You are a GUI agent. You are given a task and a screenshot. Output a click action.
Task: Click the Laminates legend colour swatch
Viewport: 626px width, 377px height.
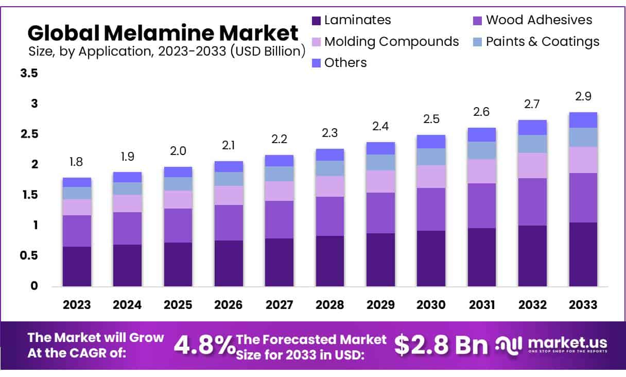point(317,21)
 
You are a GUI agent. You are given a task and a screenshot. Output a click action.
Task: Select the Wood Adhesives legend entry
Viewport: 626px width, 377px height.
point(538,20)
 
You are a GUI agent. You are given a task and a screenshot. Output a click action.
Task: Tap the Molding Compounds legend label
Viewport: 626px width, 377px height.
point(391,41)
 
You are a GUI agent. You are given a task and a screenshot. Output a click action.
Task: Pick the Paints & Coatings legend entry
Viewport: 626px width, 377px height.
point(542,41)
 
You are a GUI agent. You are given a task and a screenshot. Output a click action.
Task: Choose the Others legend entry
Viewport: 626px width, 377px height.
point(345,63)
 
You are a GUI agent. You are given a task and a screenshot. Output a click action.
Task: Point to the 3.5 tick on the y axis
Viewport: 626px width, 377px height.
point(29,74)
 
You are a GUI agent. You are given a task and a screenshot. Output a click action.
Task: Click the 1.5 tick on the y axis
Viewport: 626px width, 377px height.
point(29,195)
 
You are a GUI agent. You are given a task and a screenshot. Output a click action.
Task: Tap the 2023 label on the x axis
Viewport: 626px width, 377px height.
point(77,305)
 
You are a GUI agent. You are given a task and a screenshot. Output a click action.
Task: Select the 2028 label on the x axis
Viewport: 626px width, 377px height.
point(330,305)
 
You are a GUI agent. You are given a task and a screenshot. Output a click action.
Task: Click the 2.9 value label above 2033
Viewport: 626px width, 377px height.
point(583,96)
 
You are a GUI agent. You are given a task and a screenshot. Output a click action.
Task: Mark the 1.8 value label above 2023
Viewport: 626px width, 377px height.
point(77,162)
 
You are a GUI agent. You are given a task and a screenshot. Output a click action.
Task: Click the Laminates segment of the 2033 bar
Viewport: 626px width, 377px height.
point(583,254)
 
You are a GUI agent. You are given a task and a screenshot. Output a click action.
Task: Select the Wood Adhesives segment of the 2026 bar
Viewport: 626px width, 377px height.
point(229,222)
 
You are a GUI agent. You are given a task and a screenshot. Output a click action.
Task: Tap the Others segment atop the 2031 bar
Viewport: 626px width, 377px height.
point(482,134)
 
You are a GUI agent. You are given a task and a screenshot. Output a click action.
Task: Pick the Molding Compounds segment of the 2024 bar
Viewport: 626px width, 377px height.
point(127,203)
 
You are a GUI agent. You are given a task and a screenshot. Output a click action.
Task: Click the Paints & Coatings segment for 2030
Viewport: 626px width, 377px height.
point(431,157)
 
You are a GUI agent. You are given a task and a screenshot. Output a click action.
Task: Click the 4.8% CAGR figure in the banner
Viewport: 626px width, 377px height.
point(204,346)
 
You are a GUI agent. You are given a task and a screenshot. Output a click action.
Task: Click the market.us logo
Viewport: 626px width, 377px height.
point(551,344)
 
